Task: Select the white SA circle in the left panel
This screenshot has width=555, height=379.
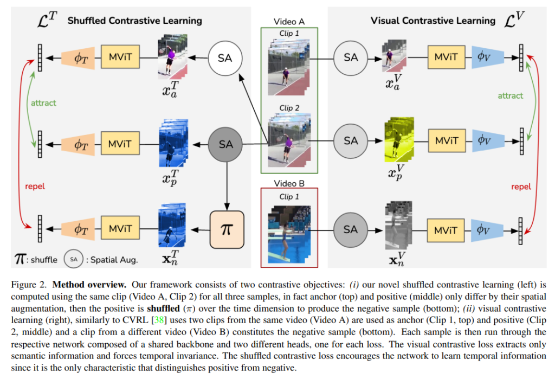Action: tap(225, 57)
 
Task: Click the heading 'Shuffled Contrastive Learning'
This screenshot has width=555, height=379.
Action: tap(134, 21)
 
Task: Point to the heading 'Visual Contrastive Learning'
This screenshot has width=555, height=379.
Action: tap(433, 21)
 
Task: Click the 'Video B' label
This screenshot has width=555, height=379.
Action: tap(289, 183)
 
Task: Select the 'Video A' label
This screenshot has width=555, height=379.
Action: tap(289, 22)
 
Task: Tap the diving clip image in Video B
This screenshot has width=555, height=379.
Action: tap(289, 230)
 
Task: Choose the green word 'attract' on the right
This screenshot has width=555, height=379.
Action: tap(510, 95)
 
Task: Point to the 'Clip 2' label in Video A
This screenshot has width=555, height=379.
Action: tap(289, 108)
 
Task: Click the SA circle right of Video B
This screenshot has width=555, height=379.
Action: tap(351, 229)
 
